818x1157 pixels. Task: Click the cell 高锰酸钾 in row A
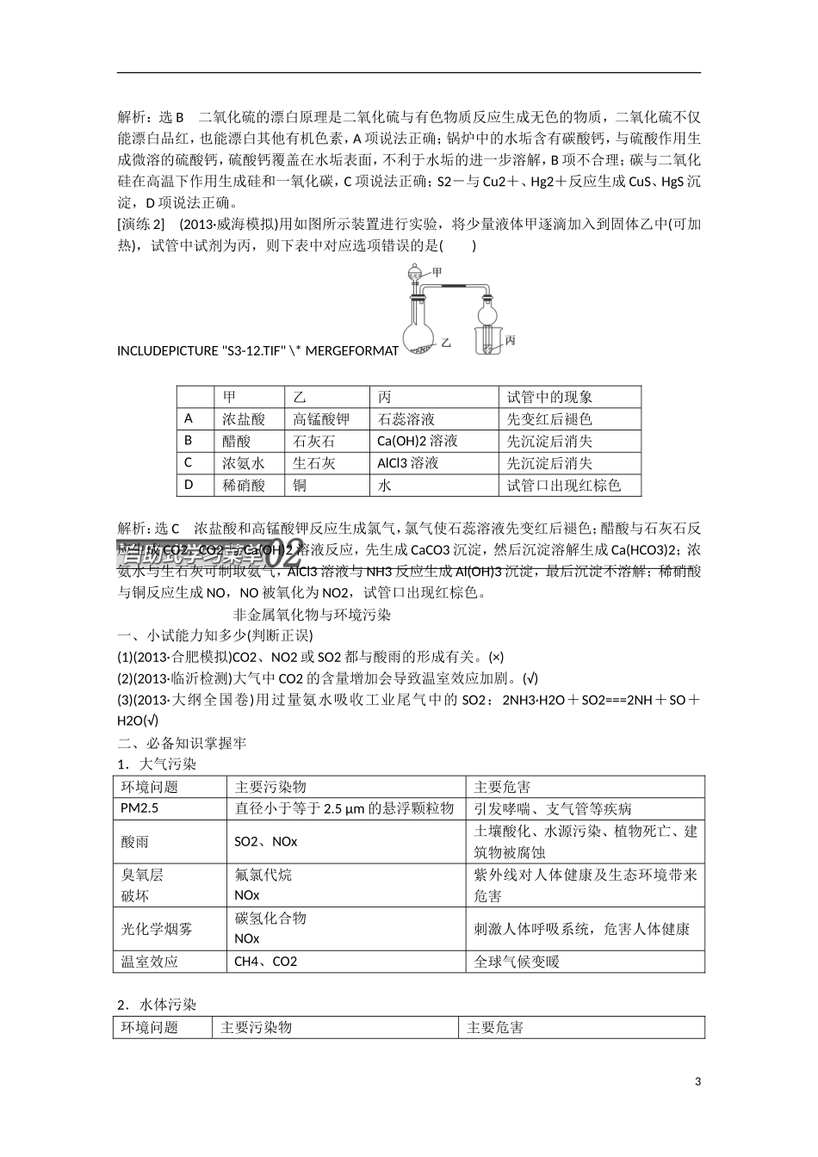click(x=321, y=419)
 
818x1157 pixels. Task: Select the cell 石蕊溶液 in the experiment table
click(x=406, y=419)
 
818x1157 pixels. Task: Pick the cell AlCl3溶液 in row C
click(x=408, y=462)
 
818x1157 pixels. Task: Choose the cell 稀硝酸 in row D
click(x=244, y=485)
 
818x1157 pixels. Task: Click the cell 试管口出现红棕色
click(x=563, y=485)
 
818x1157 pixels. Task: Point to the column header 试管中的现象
click(x=549, y=397)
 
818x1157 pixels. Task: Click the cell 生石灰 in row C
click(x=314, y=462)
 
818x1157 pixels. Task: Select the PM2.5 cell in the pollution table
click(x=140, y=808)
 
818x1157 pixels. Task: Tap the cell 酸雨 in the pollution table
click(x=135, y=841)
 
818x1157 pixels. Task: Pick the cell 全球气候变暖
click(x=517, y=961)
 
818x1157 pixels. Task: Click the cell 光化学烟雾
click(x=157, y=928)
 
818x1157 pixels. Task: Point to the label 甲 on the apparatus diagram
click(x=437, y=272)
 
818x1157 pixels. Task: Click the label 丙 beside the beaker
click(x=510, y=341)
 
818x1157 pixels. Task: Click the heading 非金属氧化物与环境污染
click(x=313, y=615)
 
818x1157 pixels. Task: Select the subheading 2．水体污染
click(x=157, y=1005)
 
